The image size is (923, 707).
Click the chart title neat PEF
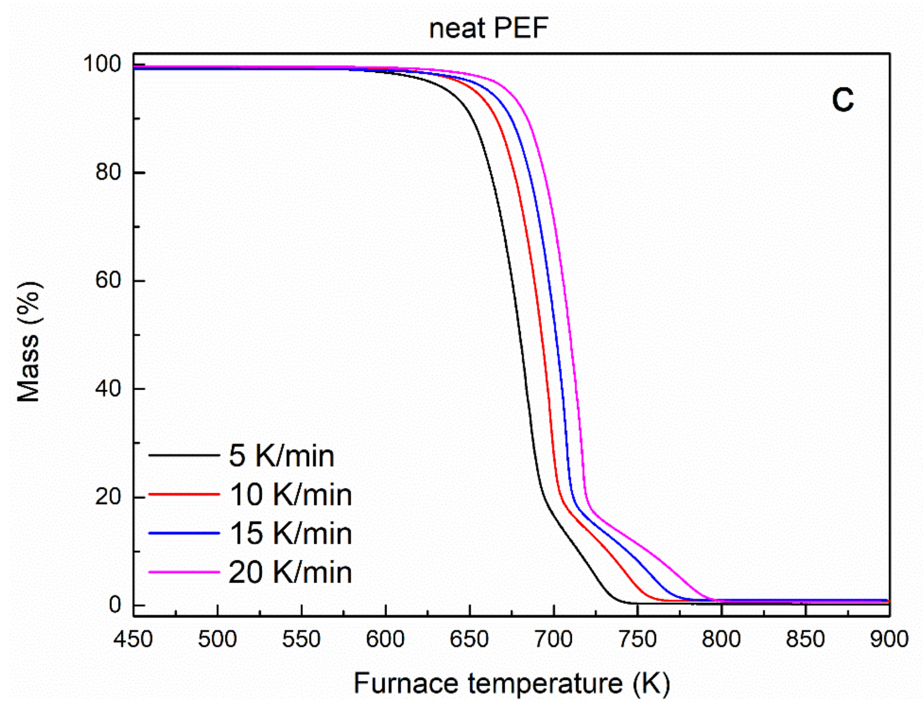(x=489, y=28)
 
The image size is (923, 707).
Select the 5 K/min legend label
(x=281, y=456)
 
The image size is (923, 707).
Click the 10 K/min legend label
(x=290, y=494)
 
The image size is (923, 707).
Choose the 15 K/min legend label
(x=290, y=533)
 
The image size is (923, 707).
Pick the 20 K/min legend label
(x=290, y=572)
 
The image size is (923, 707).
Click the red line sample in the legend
(x=184, y=494)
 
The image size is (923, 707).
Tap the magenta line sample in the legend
(x=184, y=572)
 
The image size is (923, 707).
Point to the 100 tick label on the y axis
(x=102, y=64)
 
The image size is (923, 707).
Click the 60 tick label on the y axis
(x=108, y=280)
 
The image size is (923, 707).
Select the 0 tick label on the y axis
(x=114, y=605)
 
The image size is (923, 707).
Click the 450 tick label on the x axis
(x=133, y=639)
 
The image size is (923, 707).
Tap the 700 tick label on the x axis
(x=554, y=639)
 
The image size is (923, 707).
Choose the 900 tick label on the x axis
(x=889, y=639)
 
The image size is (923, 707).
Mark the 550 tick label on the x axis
(x=301, y=639)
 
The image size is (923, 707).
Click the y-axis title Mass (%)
(x=29, y=342)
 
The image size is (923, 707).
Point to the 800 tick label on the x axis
(x=721, y=639)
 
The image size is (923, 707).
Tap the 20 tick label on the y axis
(x=108, y=497)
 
